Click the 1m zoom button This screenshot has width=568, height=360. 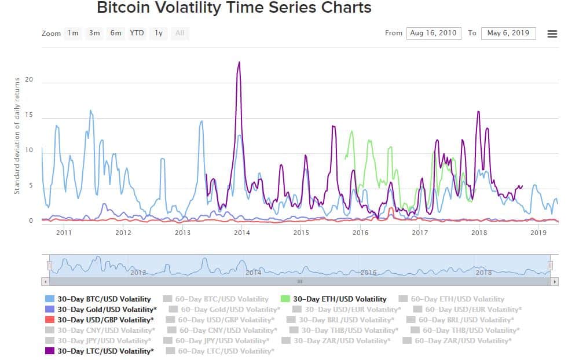[73, 33]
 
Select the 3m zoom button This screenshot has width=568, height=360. [94, 33]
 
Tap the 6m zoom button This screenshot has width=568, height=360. [116, 33]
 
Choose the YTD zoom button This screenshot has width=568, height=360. [137, 33]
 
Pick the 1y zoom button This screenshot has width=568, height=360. [158, 33]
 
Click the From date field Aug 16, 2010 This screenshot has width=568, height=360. [433, 33]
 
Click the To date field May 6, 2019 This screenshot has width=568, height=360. [508, 33]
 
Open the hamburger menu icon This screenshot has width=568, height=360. [552, 34]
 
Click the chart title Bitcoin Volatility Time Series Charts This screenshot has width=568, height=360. [234, 8]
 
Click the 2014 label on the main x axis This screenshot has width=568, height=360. [242, 233]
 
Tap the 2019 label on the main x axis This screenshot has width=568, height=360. [539, 233]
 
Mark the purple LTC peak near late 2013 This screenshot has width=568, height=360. [239, 63]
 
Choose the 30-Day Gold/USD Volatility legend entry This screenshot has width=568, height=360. [106, 310]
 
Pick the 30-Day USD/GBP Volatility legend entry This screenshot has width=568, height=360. [105, 319]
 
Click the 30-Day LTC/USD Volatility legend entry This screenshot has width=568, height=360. [105, 351]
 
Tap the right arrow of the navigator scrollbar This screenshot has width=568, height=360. [555, 281]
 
